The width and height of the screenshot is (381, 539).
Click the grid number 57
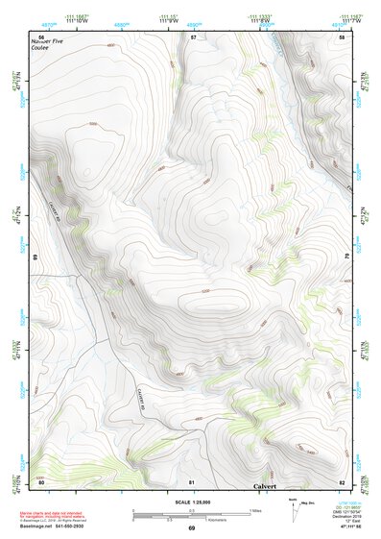click(x=193, y=37)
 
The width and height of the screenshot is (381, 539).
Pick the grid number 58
click(x=342, y=37)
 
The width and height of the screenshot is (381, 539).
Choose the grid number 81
click(x=192, y=481)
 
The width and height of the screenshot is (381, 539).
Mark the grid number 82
click(x=342, y=481)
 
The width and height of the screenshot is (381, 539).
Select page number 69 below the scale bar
click(x=191, y=528)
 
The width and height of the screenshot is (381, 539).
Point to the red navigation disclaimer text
click(x=58, y=515)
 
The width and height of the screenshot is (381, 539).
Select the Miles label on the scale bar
click(x=255, y=509)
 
